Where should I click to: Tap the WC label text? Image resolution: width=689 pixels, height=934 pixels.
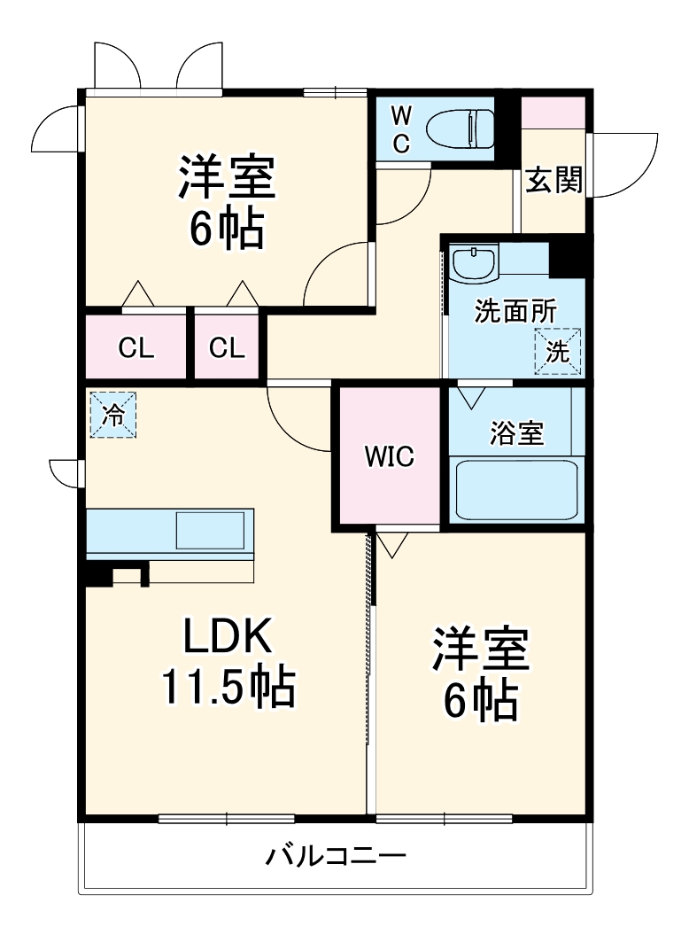coord(401,129)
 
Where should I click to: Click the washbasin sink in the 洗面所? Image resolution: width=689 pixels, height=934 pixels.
coord(473,263)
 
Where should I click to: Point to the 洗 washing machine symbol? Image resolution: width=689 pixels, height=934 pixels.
coord(557,351)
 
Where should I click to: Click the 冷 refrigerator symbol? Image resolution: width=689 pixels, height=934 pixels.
coord(112,415)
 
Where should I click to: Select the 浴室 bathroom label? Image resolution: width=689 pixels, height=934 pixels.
coord(516,433)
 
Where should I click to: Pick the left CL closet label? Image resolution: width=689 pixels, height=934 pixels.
coord(136,348)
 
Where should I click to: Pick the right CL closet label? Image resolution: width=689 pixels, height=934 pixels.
coord(227,348)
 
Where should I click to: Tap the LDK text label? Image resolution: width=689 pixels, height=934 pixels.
coord(226,637)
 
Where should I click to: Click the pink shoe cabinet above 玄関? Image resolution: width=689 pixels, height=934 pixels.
coord(553,113)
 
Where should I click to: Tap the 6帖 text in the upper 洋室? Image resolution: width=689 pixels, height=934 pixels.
coord(226,230)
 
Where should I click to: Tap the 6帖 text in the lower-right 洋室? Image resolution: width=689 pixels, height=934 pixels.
coord(480,700)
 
